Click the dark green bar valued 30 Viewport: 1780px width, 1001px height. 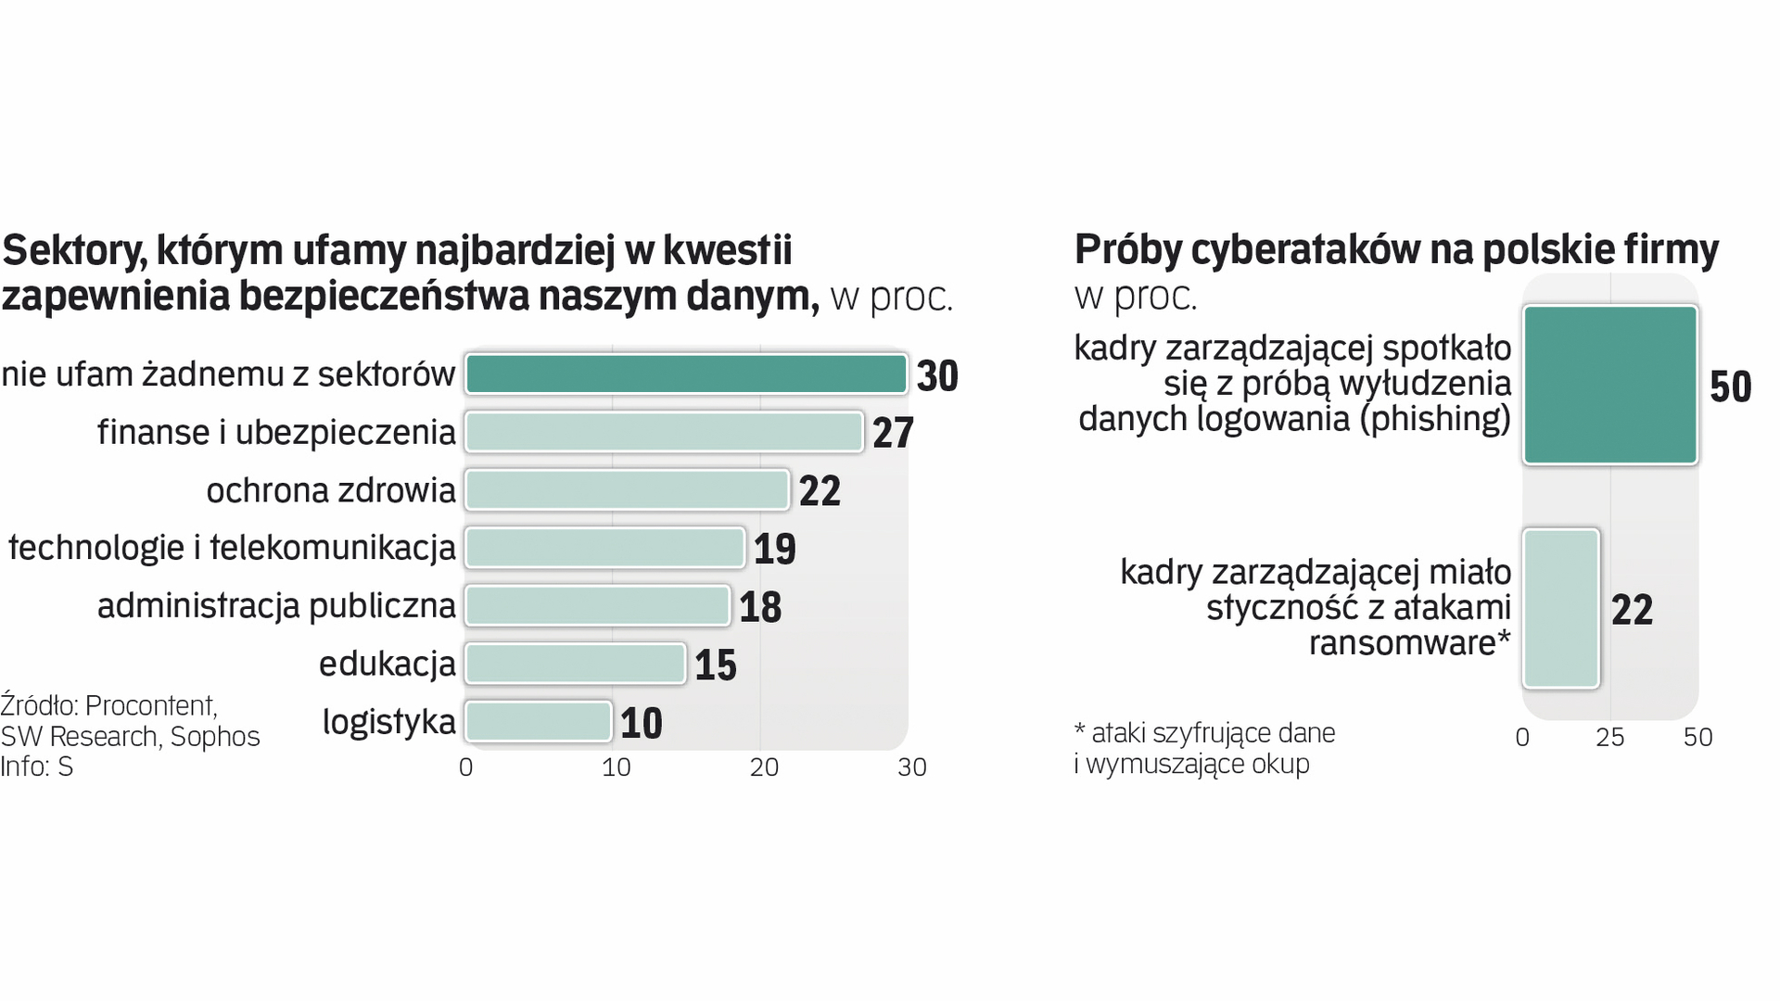coord(686,374)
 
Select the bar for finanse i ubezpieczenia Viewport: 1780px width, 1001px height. coord(664,432)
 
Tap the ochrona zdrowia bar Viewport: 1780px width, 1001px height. coord(627,490)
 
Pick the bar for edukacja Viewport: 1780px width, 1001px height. coord(575,664)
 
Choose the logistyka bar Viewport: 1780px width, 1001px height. coord(538,722)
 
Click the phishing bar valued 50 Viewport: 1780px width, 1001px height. coord(1610,385)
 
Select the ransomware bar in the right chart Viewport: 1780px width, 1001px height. coord(1561,608)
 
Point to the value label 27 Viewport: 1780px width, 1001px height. coord(893,433)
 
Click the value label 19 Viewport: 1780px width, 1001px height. coord(774,549)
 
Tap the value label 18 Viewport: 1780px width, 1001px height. coord(760,607)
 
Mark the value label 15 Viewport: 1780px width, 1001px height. coord(715,665)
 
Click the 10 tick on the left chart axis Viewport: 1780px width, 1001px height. coord(616,767)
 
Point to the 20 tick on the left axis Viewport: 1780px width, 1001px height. coord(764,767)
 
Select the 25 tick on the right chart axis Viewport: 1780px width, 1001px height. coord(1609,738)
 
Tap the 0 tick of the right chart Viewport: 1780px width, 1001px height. coord(1522,738)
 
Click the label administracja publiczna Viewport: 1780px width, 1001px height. coord(276,606)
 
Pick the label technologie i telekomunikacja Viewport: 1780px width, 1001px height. coord(232,548)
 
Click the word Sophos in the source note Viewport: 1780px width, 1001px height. coord(215,737)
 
